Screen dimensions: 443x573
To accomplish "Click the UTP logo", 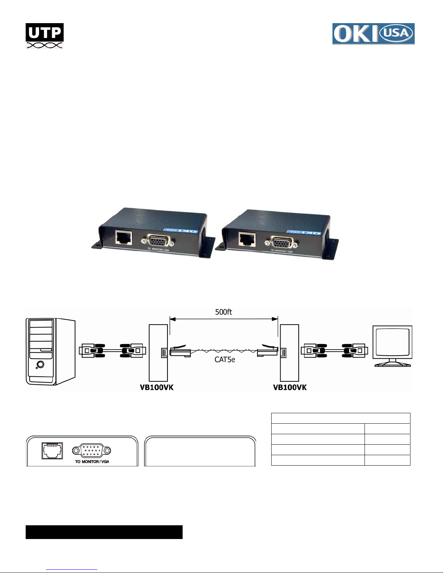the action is click(x=44, y=36).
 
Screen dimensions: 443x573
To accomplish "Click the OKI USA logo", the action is click(x=373, y=34).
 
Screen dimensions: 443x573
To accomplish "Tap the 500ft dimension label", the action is click(x=223, y=312).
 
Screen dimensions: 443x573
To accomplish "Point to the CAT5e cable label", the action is click(x=225, y=359).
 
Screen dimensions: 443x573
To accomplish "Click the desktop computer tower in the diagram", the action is click(x=50, y=351).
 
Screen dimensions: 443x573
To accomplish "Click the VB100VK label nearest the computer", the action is click(x=157, y=388).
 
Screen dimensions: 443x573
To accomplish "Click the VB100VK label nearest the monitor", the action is click(x=290, y=388).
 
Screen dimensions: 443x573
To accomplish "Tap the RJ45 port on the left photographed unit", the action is click(x=124, y=238).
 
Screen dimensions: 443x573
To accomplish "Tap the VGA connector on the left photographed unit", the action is click(x=158, y=241).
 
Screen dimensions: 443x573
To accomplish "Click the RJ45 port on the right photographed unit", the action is click(x=247, y=239).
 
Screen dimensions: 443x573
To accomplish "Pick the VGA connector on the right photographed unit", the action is click(x=281, y=242).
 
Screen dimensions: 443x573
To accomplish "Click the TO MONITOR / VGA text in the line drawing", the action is click(x=92, y=462).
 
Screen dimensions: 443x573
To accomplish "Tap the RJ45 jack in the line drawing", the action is click(x=52, y=451).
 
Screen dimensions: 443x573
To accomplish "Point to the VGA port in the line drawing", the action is click(x=91, y=450).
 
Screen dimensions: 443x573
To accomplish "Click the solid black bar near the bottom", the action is click(x=104, y=532).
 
